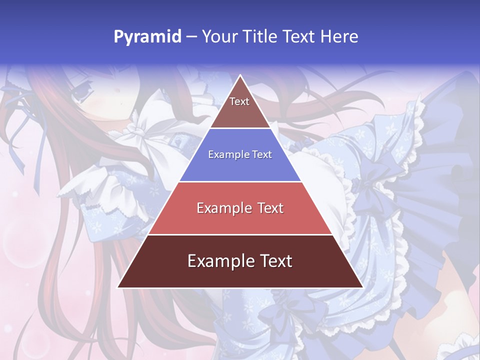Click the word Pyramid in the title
click(147, 36)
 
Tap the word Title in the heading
click(261, 36)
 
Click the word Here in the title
click(339, 36)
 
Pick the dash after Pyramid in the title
click(191, 37)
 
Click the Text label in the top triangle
click(239, 101)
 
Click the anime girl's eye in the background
click(80, 90)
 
